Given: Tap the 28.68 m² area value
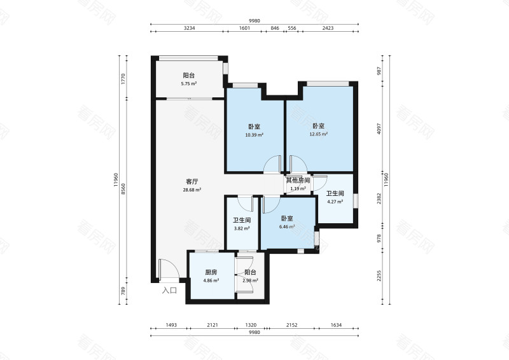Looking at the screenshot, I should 193,190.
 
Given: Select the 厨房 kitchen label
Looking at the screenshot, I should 211,272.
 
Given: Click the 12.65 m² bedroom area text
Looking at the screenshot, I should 319,134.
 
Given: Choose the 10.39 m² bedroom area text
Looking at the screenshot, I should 255,134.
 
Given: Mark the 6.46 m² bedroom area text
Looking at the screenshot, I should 286,226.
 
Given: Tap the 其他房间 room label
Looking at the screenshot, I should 298,181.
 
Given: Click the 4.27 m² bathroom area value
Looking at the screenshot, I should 335,202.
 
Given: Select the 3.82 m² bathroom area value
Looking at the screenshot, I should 241,229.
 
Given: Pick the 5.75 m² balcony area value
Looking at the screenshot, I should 188,83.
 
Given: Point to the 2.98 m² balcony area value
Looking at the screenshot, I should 249,280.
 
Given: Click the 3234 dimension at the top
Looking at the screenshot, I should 188,29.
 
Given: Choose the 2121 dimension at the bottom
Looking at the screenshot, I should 213,325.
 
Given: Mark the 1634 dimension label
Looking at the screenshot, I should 336,325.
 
